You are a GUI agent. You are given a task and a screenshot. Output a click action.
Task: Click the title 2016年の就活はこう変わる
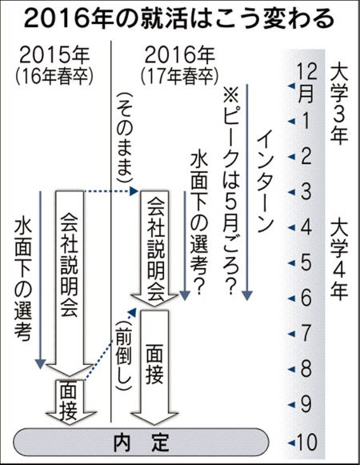(x=179, y=18)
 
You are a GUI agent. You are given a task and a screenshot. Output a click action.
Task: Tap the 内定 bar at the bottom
(x=141, y=443)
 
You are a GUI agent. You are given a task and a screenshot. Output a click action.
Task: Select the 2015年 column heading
(x=54, y=55)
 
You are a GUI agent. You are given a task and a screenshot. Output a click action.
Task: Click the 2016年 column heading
(x=180, y=55)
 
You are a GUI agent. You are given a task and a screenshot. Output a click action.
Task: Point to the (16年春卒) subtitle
(x=54, y=77)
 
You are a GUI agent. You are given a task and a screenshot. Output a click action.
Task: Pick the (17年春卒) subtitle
(x=180, y=77)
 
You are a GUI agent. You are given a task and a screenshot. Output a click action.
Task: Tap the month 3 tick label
(x=306, y=192)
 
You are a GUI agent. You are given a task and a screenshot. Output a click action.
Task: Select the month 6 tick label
(x=306, y=298)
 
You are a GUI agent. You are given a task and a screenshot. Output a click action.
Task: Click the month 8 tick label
(x=306, y=369)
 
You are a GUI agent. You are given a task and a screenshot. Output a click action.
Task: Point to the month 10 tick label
(x=306, y=443)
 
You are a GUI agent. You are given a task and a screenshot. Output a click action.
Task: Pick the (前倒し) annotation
(x=123, y=355)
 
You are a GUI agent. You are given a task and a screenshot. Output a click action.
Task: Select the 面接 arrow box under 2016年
(x=154, y=367)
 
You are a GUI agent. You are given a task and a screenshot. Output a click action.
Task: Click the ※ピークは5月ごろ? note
(x=230, y=190)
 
